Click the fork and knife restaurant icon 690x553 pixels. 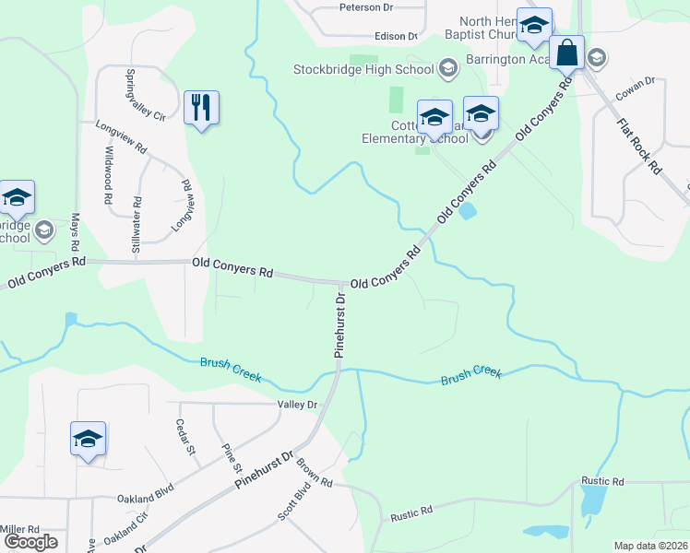[201, 108]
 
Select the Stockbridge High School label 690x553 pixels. [363, 69]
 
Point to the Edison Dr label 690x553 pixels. [396, 37]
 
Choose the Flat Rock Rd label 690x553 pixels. [639, 146]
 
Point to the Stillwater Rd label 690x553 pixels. [137, 225]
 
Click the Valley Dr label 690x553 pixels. [296, 405]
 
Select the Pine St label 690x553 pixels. [230, 455]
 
